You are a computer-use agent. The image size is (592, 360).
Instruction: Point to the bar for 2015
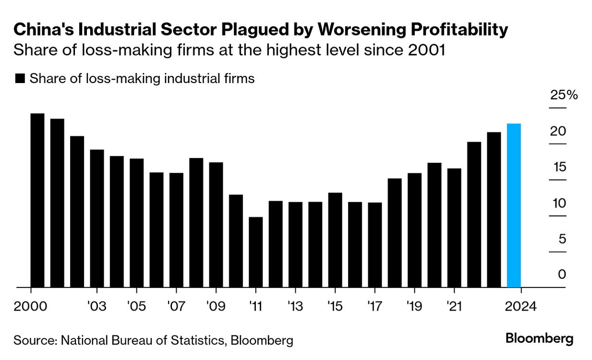(x=335, y=240)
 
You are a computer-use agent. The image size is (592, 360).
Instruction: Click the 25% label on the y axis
(x=564, y=95)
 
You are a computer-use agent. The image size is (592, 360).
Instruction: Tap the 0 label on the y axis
(x=562, y=275)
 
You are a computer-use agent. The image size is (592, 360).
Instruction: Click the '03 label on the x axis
(x=97, y=306)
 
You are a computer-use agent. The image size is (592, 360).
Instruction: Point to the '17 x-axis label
(x=375, y=306)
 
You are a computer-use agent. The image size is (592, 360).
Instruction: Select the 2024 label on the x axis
(x=520, y=306)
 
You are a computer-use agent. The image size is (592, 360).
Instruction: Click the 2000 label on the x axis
(x=31, y=306)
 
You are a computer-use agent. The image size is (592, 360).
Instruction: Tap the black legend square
(x=20, y=79)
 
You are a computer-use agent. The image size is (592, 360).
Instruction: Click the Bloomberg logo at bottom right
(x=539, y=338)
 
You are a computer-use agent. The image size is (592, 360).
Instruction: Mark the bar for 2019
(x=414, y=230)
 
